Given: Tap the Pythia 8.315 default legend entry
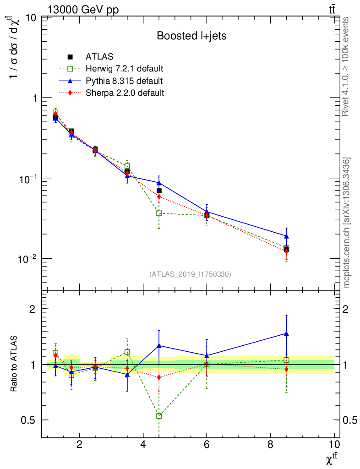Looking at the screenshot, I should [x=124, y=81].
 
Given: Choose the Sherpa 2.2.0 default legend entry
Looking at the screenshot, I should [x=125, y=93].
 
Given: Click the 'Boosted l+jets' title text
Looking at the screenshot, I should [x=191, y=36].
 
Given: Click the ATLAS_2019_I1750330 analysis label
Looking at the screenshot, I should [x=190, y=274].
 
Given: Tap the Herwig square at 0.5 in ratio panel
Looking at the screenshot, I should [x=159, y=416].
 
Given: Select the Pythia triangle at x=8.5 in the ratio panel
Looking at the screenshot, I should [x=286, y=333].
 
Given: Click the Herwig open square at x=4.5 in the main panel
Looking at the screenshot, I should [x=159, y=213].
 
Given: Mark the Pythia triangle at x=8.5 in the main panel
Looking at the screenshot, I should [x=286, y=236].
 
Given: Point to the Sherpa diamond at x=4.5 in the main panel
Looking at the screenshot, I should [x=159, y=196].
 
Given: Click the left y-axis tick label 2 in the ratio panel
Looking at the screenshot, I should [x=33, y=309].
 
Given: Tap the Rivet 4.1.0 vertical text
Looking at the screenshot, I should [x=347, y=66].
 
